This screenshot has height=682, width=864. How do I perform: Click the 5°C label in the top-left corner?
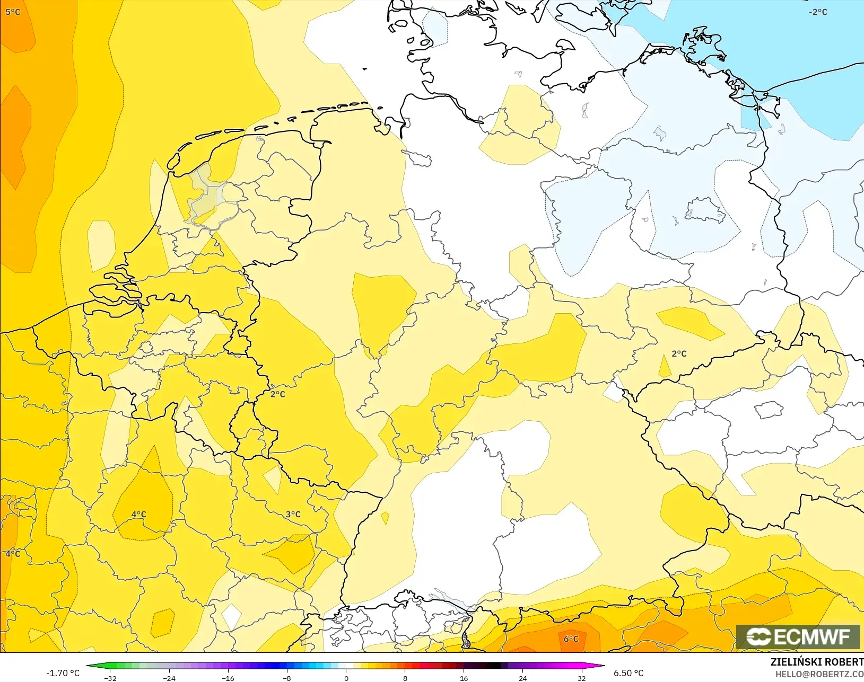13,12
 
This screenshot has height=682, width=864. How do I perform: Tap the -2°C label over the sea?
818,12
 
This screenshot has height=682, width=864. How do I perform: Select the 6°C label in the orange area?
571,639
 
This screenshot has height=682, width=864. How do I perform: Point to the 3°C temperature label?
293,514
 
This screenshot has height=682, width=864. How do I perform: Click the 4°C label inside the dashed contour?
138,514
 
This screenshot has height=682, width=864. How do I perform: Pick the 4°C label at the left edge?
13,553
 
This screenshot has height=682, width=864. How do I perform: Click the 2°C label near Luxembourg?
277,394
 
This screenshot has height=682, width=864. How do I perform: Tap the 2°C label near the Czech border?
679,353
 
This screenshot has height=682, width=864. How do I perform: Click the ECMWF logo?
798,636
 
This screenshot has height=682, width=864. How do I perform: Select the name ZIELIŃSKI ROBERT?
817,662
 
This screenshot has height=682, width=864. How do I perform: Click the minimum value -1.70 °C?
63,673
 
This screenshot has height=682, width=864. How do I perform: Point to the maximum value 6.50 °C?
629,673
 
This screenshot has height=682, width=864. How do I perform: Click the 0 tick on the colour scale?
346,678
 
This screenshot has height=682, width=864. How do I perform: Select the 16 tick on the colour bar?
464,678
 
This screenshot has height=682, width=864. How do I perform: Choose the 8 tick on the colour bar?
405,678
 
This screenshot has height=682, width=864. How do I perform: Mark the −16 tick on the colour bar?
228,678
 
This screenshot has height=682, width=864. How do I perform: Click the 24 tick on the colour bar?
522,678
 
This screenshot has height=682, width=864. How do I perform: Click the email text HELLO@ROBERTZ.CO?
819,674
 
